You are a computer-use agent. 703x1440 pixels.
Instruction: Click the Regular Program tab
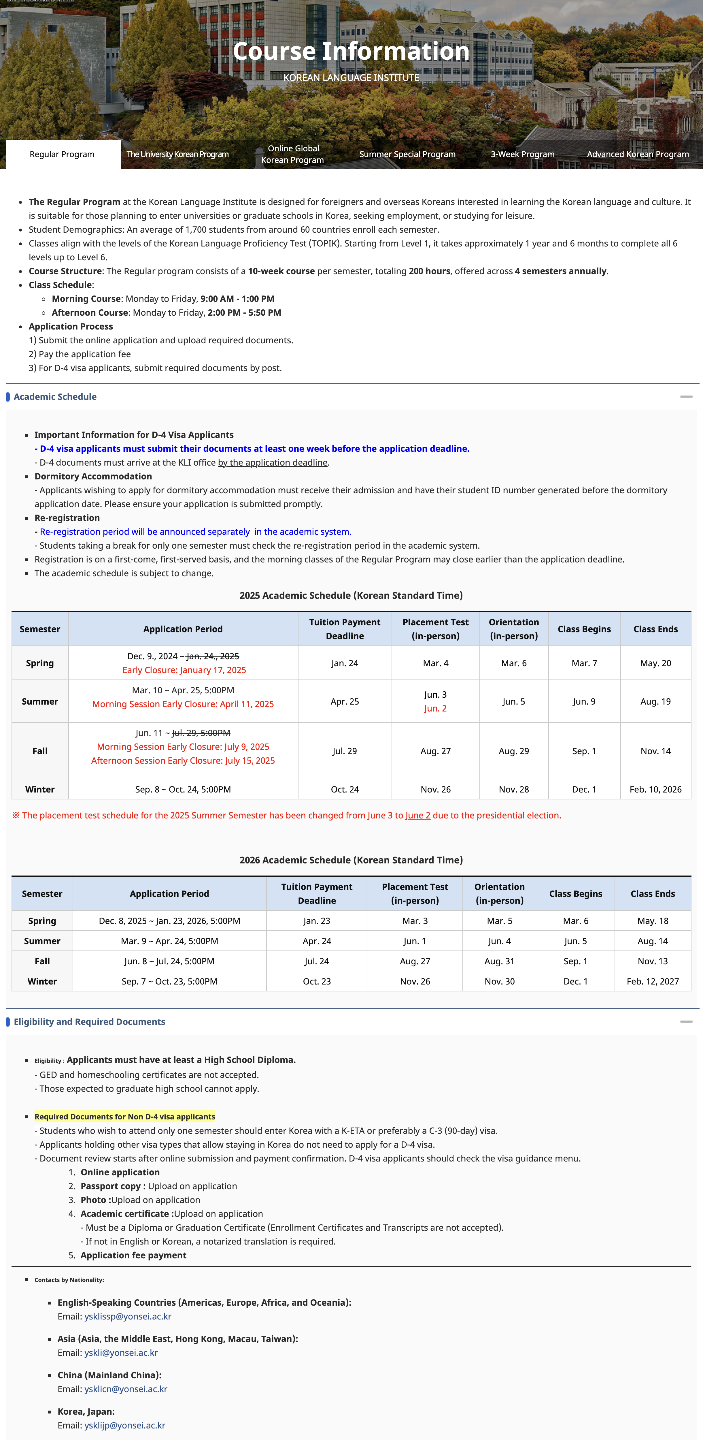pos(62,154)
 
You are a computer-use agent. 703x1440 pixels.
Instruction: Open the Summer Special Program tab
pos(407,154)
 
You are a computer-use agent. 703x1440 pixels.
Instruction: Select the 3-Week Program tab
pos(523,154)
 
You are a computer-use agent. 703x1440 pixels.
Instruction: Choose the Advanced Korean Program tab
pos(638,154)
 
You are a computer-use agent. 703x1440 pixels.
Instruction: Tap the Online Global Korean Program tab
pos(293,154)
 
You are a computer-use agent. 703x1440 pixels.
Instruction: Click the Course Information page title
pos(351,51)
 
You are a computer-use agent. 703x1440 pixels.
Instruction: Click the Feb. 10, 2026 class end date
pos(655,789)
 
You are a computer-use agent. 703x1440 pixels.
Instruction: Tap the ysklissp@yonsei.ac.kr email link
pos(128,1316)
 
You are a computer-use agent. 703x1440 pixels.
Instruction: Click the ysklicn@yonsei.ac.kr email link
pos(126,1389)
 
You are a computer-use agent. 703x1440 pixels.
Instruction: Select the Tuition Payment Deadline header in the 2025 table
pos(345,629)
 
